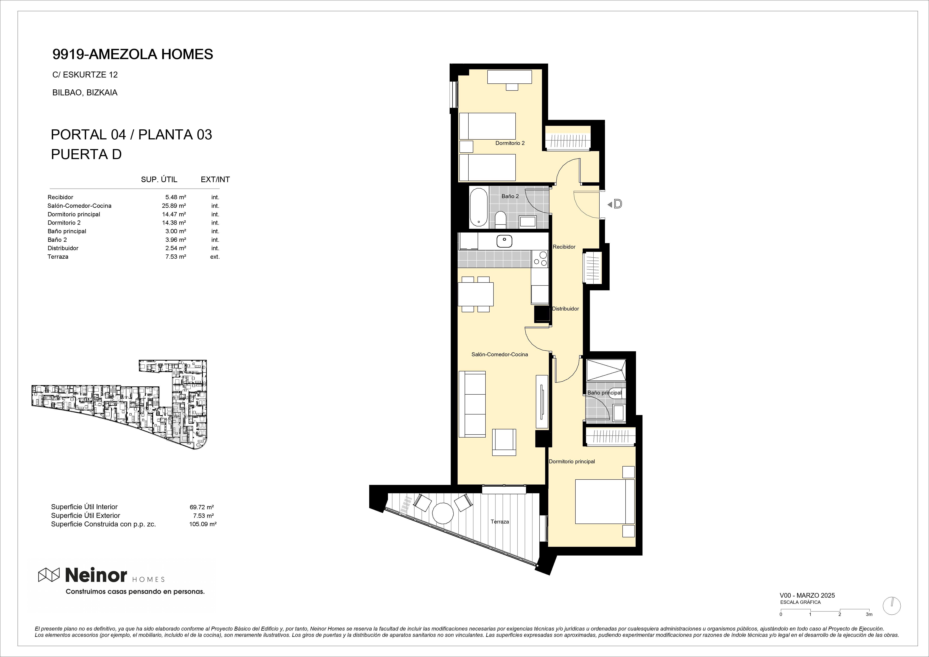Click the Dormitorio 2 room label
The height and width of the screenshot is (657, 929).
point(510,143)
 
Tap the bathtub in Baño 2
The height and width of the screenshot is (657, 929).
point(479,207)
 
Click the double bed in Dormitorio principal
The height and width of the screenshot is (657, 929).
point(604,501)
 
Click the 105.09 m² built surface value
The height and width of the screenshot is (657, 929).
point(203,524)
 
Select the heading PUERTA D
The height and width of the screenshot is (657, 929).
point(86,154)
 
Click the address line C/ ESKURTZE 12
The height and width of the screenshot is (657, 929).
point(85,75)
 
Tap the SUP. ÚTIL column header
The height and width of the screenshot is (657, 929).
point(159,179)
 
